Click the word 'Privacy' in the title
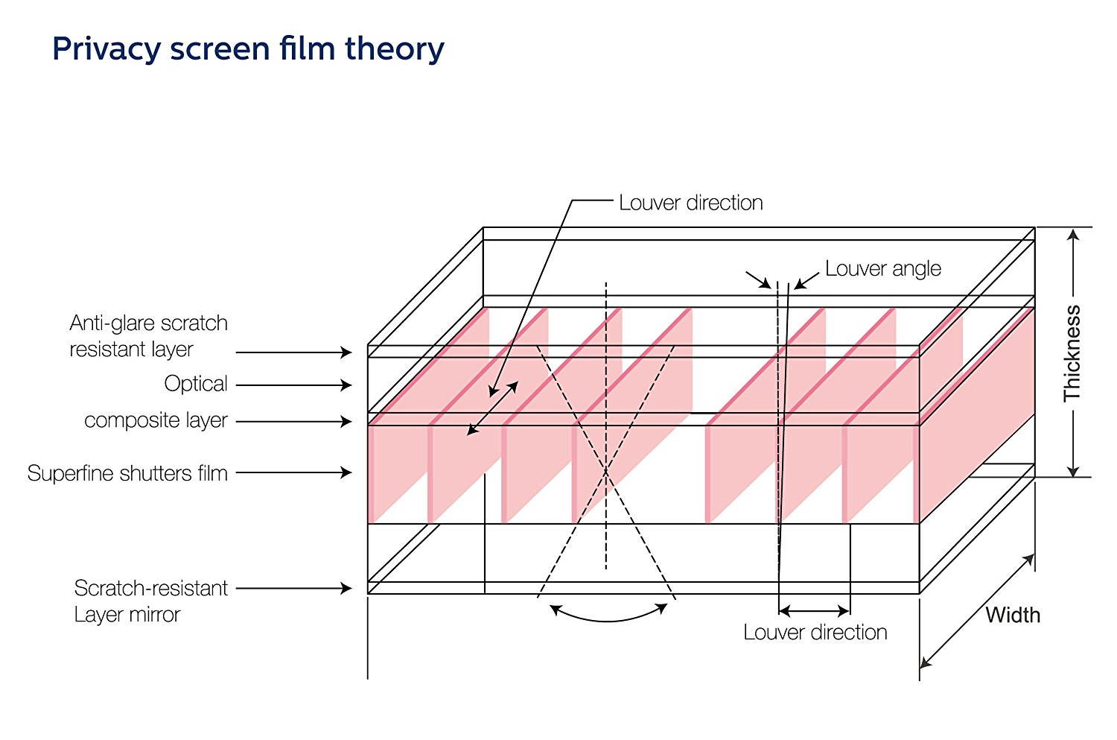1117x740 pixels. (106, 49)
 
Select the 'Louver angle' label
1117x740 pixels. (882, 268)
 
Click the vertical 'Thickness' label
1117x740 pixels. (1072, 353)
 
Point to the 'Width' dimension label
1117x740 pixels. (1013, 615)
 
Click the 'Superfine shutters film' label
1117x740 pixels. (127, 472)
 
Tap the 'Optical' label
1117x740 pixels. (196, 384)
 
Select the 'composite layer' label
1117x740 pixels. (156, 420)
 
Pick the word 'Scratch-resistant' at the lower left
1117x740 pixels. (150, 588)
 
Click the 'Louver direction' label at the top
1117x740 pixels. (690, 203)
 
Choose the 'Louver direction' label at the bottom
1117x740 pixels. (815, 633)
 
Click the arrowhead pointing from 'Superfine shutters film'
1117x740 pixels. (346, 472)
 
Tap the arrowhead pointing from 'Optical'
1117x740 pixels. (346, 385)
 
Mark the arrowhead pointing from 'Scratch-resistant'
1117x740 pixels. (346, 588)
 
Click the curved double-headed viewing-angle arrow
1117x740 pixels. (608, 618)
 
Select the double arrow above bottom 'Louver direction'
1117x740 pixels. (814, 612)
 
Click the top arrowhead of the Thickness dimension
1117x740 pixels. (1073, 234)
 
